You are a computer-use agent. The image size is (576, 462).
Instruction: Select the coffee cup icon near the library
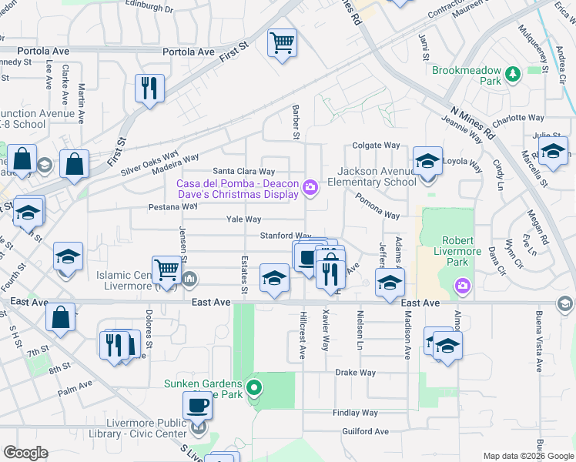click(196, 404)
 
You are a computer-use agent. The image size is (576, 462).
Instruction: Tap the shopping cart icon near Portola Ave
click(282, 43)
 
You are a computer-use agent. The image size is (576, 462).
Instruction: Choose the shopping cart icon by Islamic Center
click(166, 269)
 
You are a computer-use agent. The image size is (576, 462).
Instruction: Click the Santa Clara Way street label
click(244, 171)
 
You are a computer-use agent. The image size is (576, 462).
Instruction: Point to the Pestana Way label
click(173, 207)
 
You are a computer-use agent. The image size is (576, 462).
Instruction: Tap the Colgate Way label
click(377, 145)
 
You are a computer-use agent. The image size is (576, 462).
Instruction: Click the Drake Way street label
click(355, 373)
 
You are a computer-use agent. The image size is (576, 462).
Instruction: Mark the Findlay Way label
click(355, 413)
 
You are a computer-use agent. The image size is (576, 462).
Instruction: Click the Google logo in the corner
click(25, 453)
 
